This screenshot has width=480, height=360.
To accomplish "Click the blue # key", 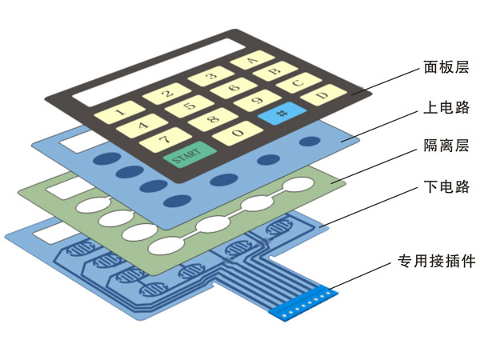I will click(x=282, y=114).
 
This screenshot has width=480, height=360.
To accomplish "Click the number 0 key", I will click(x=237, y=132).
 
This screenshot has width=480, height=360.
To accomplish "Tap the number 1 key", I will click(x=118, y=112).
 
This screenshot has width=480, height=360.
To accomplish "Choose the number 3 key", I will click(x=210, y=78).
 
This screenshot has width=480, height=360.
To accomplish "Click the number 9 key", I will click(x=256, y=101).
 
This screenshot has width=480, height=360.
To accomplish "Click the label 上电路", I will click(x=446, y=107).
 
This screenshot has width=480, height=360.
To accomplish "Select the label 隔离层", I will click(x=446, y=146).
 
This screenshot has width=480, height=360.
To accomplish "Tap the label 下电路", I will click(x=446, y=188).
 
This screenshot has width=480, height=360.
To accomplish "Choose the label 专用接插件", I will click(x=437, y=261).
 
